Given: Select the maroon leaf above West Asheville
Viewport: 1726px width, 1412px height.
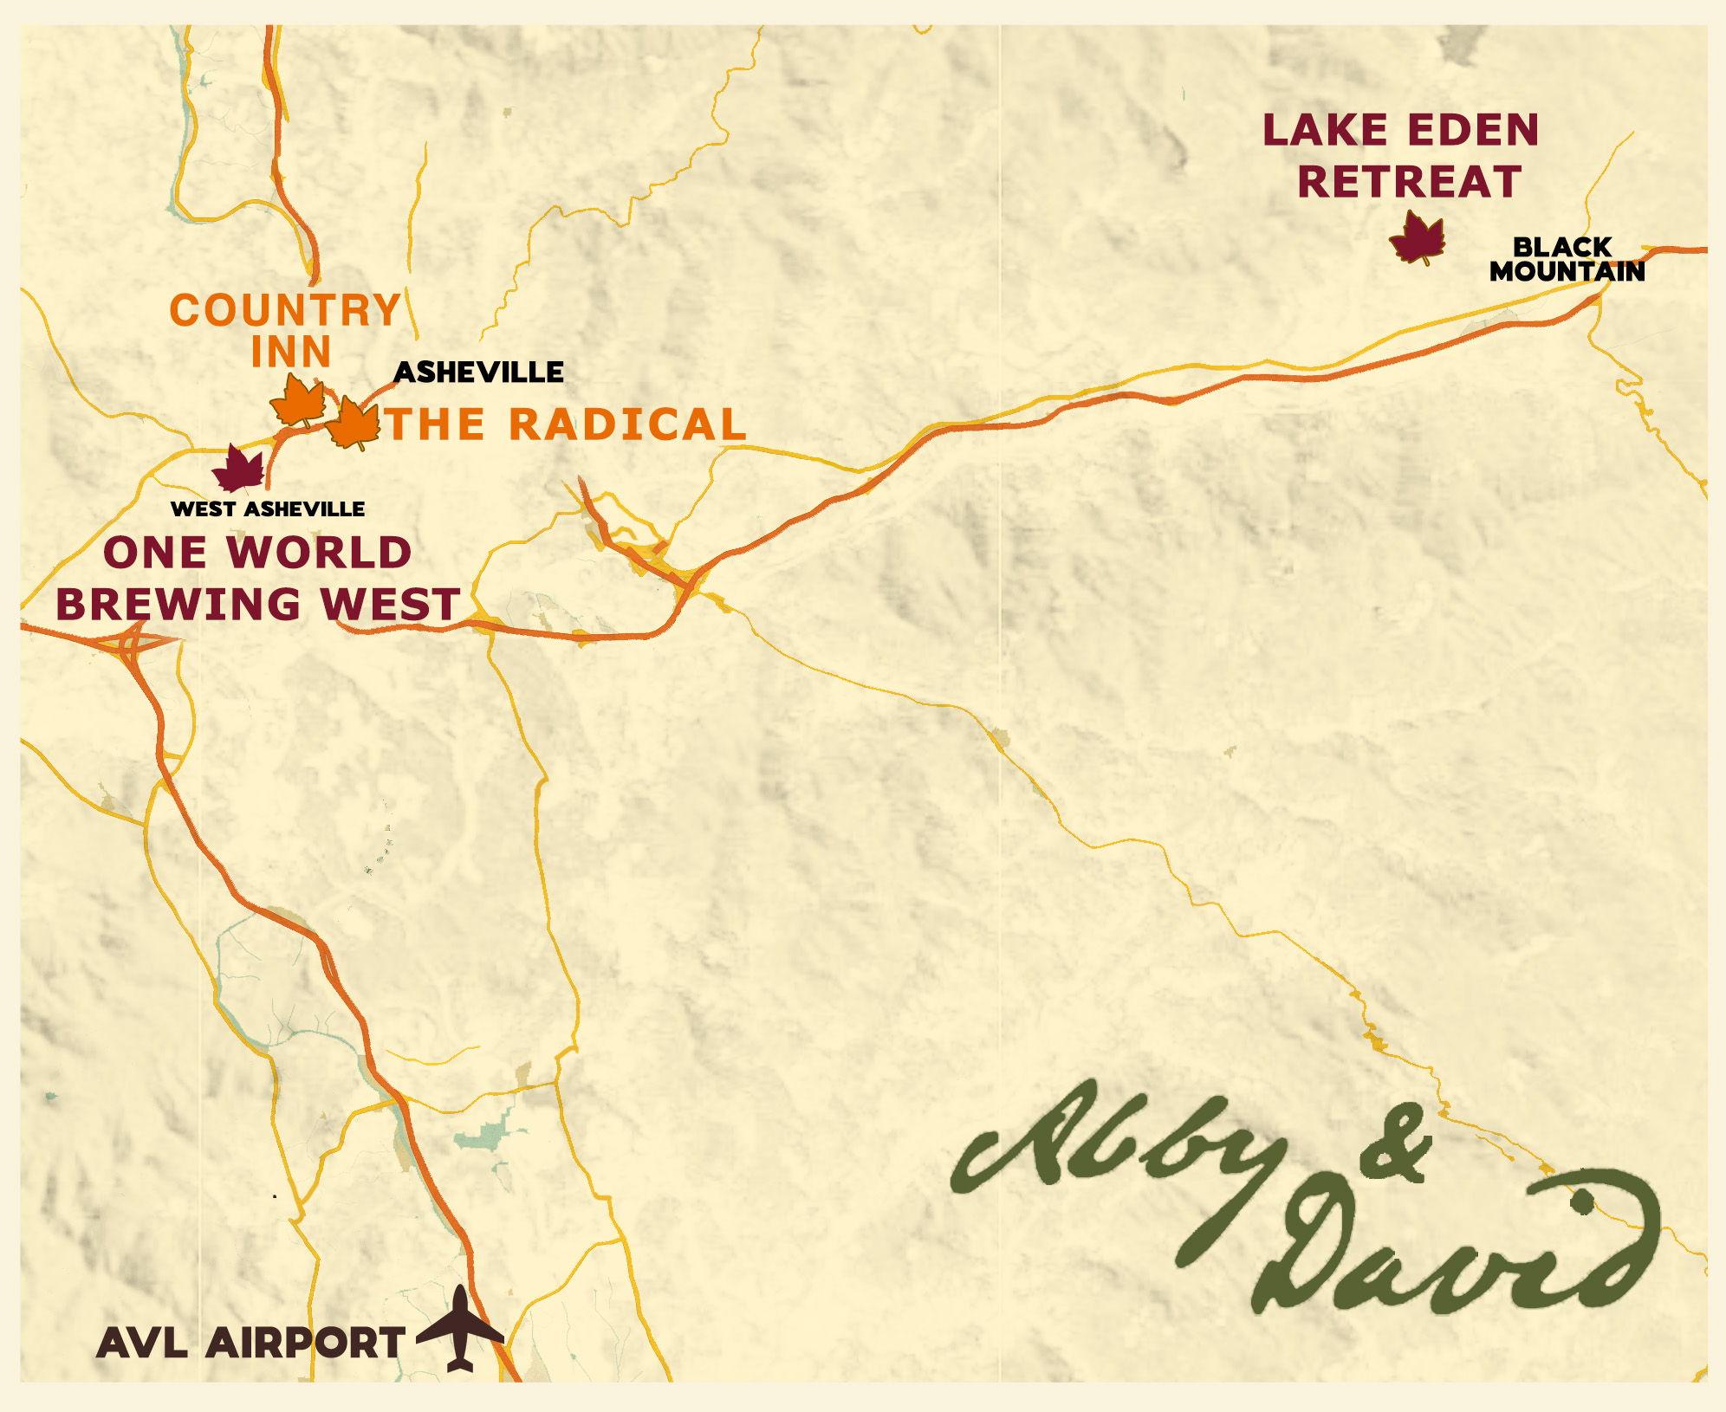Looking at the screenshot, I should click(237, 469).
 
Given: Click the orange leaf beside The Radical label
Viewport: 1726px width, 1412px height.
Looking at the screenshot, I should click(354, 424).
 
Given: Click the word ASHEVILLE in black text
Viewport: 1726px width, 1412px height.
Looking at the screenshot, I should click(478, 372).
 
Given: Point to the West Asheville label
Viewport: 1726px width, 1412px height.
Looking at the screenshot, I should click(268, 508).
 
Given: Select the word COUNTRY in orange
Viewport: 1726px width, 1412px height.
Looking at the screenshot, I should click(285, 310).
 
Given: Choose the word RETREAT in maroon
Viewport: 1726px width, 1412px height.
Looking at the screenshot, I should click(1413, 182).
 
